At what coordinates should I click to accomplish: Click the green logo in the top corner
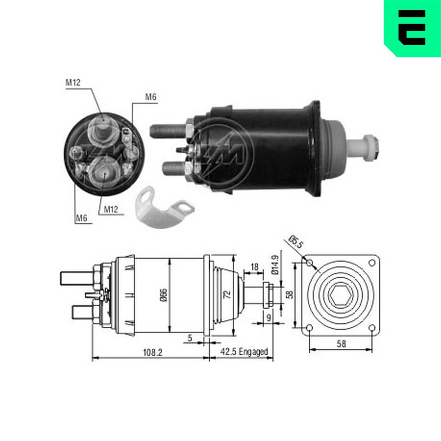click(x=412, y=28)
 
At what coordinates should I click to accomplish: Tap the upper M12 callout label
click(x=73, y=82)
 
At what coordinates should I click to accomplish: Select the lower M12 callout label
click(x=111, y=209)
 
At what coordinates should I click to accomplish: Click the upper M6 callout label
click(x=151, y=97)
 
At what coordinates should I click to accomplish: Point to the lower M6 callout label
click(x=82, y=218)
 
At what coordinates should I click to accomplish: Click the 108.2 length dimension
click(x=153, y=352)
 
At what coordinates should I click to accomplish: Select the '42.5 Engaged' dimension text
click(x=244, y=352)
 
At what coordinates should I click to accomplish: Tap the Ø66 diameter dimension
click(x=164, y=295)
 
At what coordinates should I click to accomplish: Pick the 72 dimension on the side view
click(x=227, y=294)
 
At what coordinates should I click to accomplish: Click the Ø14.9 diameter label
click(x=275, y=264)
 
